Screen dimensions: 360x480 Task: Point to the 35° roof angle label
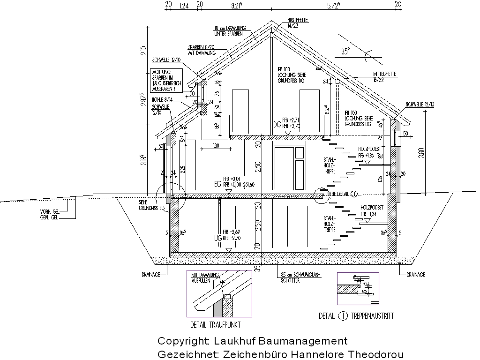[x=346, y=52]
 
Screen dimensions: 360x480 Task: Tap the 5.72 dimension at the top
[x=332, y=5]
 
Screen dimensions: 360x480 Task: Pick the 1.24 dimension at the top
[x=184, y=5]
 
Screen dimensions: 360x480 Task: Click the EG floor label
[x=217, y=182]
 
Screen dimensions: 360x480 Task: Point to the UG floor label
[x=217, y=238]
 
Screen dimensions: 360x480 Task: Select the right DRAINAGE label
[x=415, y=274]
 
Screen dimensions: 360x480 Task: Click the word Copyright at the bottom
[x=183, y=341]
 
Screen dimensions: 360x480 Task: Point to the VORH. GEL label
[x=49, y=211]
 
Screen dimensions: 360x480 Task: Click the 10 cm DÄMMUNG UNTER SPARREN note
[x=230, y=30]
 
